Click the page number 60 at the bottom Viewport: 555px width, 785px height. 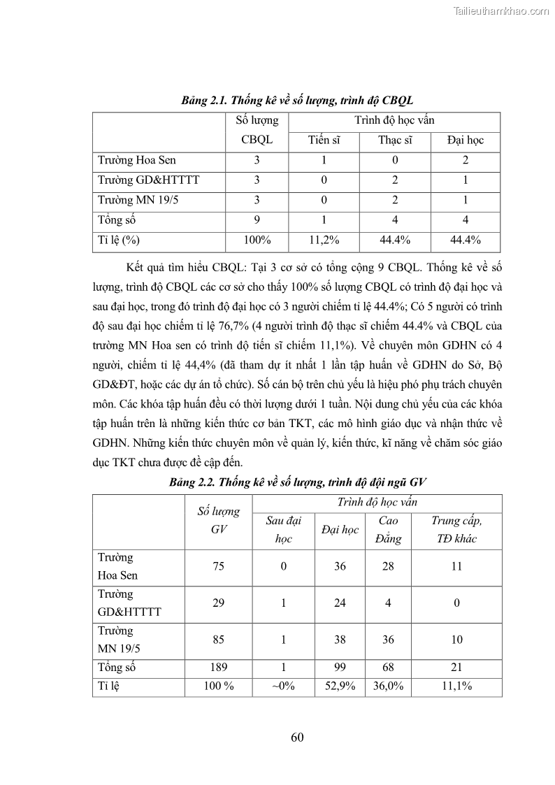296,737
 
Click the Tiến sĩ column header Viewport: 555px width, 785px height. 324,140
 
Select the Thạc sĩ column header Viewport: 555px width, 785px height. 395,140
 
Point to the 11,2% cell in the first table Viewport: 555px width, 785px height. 324,240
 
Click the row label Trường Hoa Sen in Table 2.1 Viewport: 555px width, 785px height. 137,160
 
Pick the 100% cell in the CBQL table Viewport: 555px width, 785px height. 257,240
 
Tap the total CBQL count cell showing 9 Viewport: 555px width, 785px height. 257,220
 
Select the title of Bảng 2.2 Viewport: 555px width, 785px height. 298,482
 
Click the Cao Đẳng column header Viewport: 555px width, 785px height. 388,530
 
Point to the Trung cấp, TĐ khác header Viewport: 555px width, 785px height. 456,530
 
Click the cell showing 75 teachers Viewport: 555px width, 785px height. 218,566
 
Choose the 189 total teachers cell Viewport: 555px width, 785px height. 218,668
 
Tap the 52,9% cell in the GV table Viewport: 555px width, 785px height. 340,686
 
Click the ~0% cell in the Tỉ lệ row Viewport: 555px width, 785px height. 283,686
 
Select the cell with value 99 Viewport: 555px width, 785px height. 340,668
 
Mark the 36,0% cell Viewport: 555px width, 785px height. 388,686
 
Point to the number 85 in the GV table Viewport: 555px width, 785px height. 218,640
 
